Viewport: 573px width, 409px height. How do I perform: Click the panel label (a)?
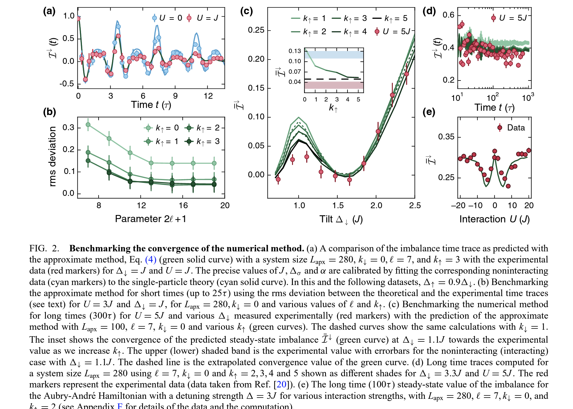click(49, 11)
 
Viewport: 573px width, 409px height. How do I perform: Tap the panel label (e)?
click(429, 112)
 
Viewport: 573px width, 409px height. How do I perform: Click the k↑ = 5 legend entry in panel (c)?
click(390, 19)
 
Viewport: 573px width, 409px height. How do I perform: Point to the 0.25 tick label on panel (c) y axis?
click(256, 30)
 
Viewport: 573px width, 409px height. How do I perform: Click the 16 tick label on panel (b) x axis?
click(183, 205)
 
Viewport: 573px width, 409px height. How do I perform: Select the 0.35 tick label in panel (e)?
click(446, 137)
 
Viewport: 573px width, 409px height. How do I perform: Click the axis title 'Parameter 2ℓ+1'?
click(150, 219)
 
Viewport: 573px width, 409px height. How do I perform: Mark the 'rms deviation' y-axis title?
click(53, 156)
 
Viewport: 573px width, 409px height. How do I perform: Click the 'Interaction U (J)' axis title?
click(494, 219)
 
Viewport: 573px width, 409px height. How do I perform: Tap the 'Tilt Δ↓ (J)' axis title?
click(341, 219)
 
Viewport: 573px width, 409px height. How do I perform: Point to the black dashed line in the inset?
click(333, 79)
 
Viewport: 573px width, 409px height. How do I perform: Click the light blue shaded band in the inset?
click(334, 55)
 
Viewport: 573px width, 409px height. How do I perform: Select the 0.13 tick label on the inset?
click(295, 51)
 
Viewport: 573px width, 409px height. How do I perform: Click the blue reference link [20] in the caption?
click(281, 384)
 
